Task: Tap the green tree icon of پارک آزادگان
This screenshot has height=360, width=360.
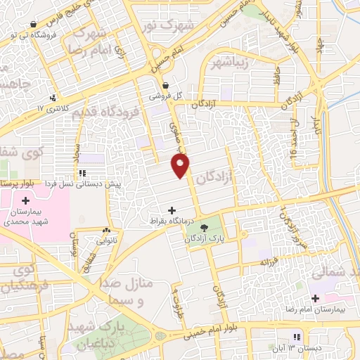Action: [204, 228]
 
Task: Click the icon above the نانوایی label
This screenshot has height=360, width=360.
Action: [105, 231]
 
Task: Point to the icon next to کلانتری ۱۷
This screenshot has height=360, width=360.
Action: [53, 98]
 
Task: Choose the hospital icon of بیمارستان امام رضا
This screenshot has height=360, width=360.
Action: [316, 298]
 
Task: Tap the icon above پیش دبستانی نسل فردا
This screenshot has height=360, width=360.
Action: [82, 173]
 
